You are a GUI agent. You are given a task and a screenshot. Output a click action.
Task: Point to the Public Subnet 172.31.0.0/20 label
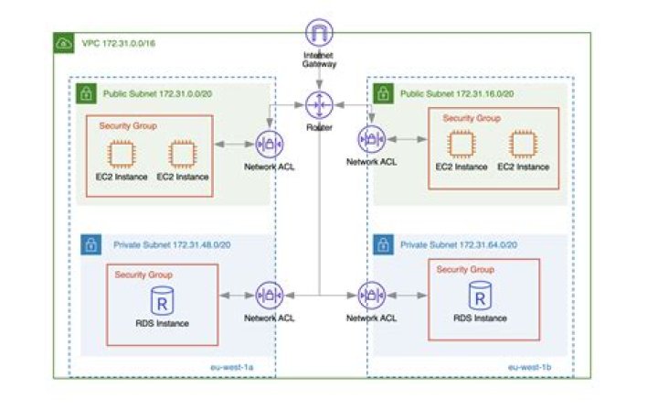(153, 93)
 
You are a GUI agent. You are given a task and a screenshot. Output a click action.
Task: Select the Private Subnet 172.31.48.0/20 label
(164, 245)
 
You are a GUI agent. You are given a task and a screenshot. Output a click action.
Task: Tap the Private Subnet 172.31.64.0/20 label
(462, 245)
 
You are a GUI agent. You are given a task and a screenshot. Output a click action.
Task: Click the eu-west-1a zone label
(230, 366)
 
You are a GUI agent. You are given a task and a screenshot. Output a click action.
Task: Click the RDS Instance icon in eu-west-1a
(161, 300)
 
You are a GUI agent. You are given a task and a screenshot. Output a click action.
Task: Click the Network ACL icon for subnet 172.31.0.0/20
(269, 144)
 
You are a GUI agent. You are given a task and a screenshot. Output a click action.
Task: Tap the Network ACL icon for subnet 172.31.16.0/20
(371, 139)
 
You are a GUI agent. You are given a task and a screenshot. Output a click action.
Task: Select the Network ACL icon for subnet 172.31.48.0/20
(269, 295)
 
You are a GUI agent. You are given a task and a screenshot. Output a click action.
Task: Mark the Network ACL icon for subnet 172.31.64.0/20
(371, 295)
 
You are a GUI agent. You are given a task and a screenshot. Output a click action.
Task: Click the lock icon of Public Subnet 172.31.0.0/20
(86, 92)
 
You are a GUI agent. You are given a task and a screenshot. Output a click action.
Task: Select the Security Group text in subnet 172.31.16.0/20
(471, 119)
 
